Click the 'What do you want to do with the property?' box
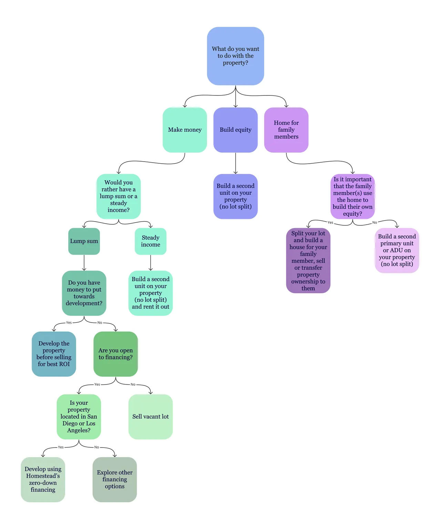pos(235,56)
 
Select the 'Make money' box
pos(185,130)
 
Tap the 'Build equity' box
pos(235,130)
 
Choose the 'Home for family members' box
pos(286,130)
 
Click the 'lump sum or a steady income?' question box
pos(119,196)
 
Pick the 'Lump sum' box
pos(84,241)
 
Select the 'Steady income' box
pos(150,241)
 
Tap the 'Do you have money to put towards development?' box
pos(84,293)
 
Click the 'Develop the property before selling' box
pos(54,354)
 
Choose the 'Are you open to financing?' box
pos(115,354)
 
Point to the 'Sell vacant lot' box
pos(150,417)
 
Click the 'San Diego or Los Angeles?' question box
pos(79,417)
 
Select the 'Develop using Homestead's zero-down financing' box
pos(43,480)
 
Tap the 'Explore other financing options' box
pos(114,480)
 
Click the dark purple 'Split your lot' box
pos(308,260)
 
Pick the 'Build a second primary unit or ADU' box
pos(397,250)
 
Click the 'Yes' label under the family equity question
pos(330,223)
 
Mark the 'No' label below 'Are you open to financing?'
pos(133,384)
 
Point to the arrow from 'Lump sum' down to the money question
pos(84,263)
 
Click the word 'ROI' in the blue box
pos(64,364)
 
